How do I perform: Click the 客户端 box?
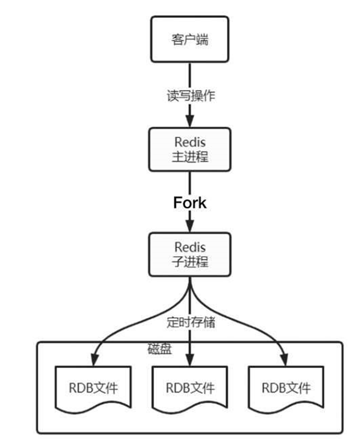coord(190,40)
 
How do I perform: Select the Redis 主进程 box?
coord(190,149)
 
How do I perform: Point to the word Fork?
coord(190,202)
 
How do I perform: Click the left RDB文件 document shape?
coord(93,389)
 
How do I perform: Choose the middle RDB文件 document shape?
coord(190,389)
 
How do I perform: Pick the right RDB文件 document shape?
coord(286,389)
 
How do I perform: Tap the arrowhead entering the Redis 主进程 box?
coord(190,122)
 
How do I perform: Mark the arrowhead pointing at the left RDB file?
coord(94,360)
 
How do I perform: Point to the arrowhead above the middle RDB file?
coord(190,360)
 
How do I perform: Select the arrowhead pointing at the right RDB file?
coord(286,360)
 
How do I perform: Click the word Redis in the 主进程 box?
coord(190,142)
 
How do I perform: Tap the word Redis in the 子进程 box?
coord(190,247)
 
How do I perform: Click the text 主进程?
coord(190,157)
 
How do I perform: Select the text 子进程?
coord(190,262)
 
